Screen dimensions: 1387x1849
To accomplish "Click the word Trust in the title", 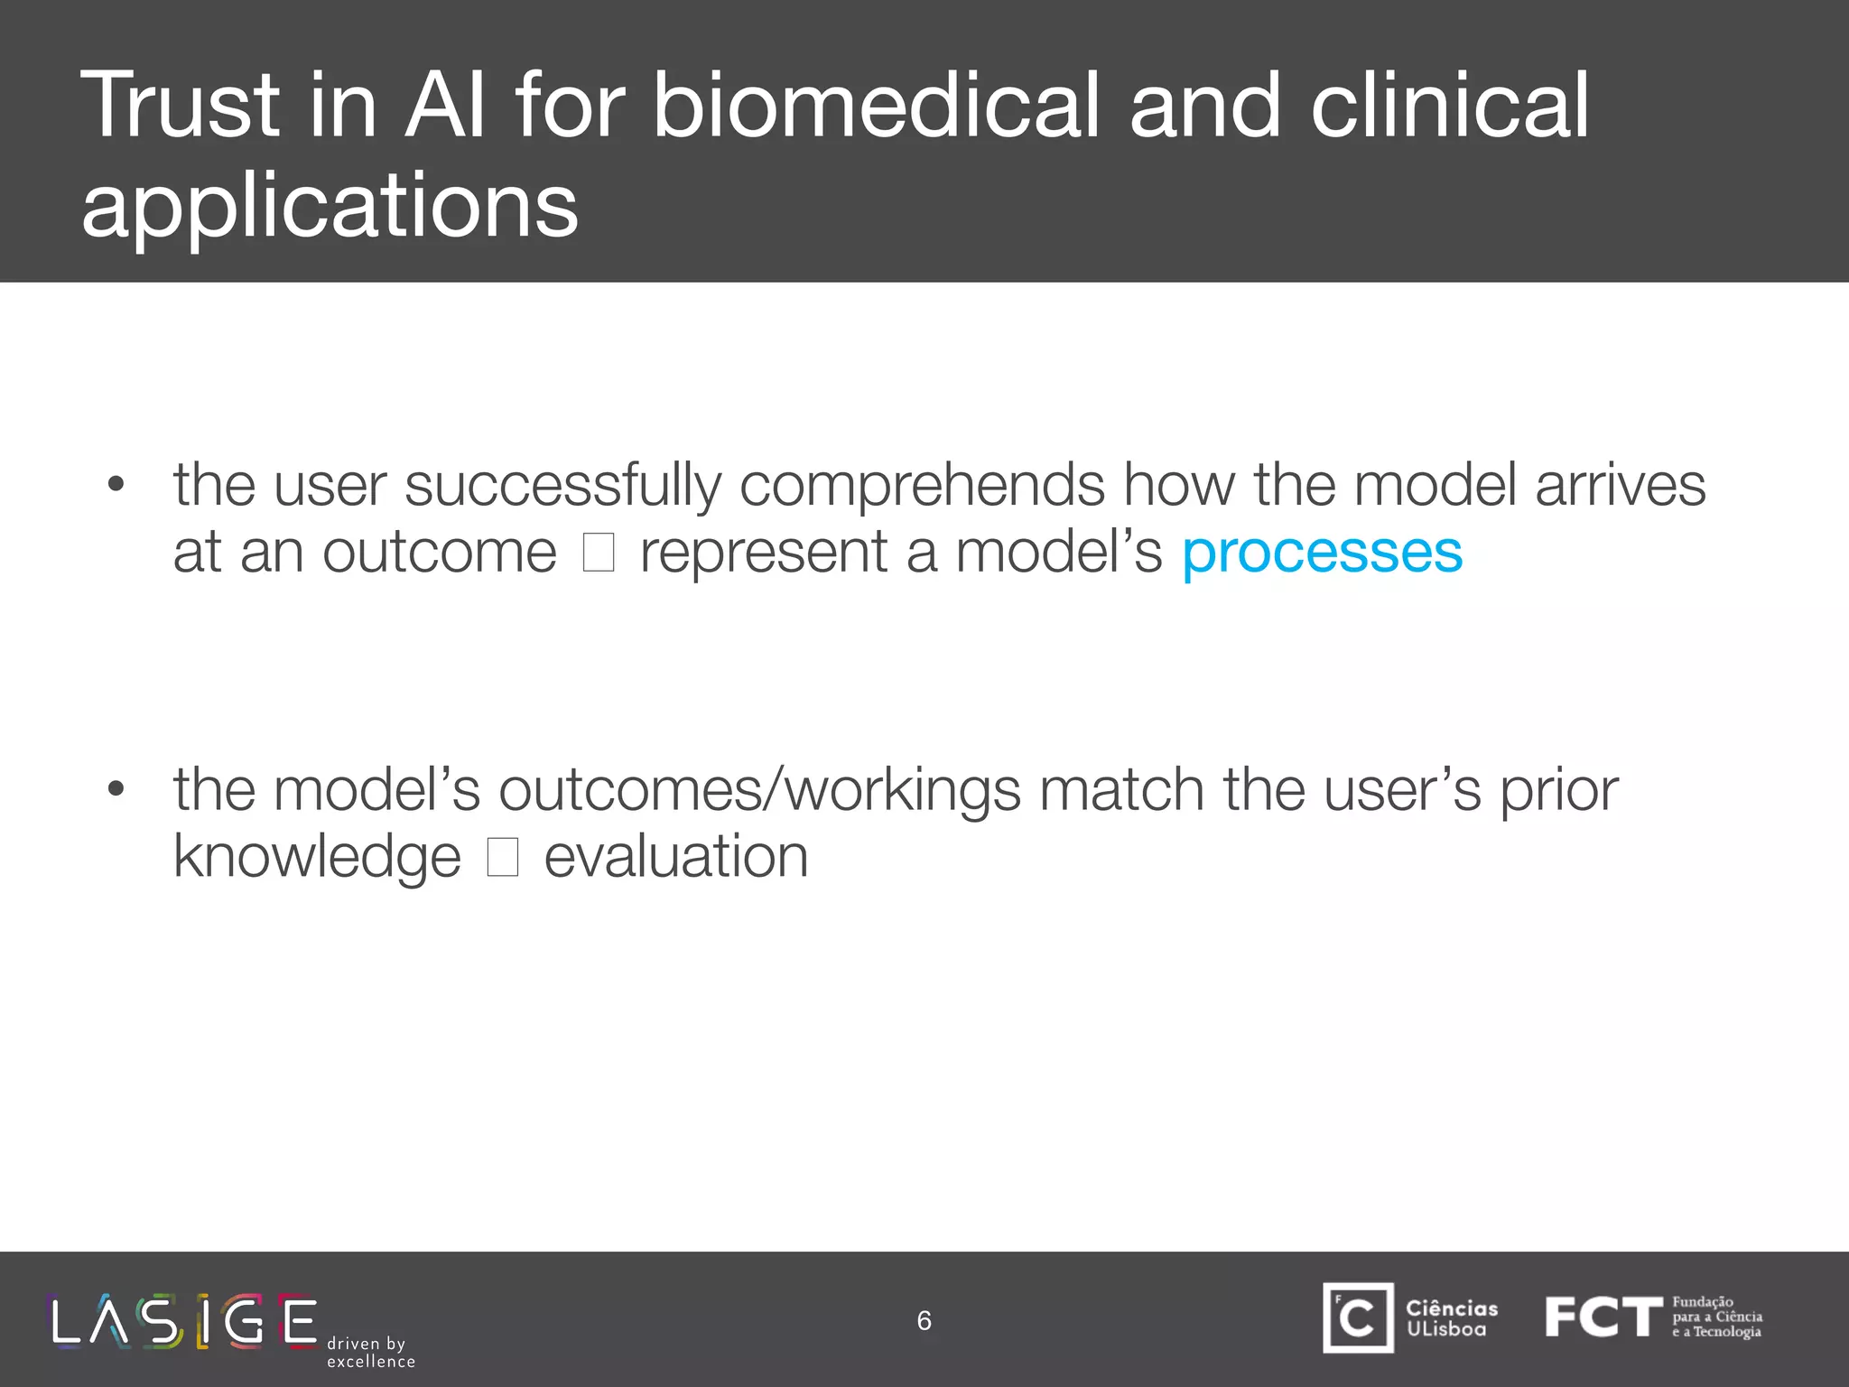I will pos(181,107).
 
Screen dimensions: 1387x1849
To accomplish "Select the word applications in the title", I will pos(330,206).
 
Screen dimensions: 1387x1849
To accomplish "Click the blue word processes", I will pos(1322,553).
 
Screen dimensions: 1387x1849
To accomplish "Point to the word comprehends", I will pos(922,486).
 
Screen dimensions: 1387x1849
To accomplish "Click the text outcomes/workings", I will pos(759,790).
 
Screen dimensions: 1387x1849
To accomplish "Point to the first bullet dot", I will pos(116,485).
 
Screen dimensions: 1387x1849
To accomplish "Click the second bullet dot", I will pos(116,789).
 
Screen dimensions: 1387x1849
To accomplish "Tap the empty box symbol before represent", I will pos(599,553).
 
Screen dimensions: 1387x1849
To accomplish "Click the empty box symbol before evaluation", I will pos(503,857).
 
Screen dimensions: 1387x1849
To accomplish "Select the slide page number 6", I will pos(924,1321).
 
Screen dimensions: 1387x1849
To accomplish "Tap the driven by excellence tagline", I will pos(370,1353).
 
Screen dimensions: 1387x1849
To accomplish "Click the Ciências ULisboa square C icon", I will pos(1358,1317).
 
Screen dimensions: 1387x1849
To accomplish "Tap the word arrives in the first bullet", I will pos(1620,486).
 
